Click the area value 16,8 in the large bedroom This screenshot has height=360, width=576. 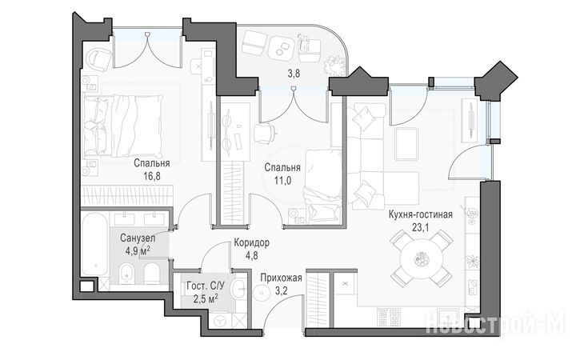coord(152,176)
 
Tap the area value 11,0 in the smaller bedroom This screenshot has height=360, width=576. coord(282,180)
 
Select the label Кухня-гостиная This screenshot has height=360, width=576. coord(421,214)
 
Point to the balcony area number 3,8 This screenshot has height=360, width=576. coord(294,74)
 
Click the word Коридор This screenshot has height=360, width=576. coord(252,242)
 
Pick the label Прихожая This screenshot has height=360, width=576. coord(282,278)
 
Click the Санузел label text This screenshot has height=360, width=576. coord(138,238)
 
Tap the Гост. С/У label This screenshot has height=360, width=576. coord(206,286)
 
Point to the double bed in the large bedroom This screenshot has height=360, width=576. coord(123,126)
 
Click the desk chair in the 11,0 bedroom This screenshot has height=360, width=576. coord(264,133)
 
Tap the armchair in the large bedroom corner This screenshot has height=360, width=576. coord(98,58)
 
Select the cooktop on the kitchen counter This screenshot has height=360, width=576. coord(389,317)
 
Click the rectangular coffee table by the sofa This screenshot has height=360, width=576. coord(406,143)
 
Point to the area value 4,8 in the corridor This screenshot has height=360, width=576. coord(252,255)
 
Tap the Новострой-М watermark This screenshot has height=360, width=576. coord(495,323)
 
